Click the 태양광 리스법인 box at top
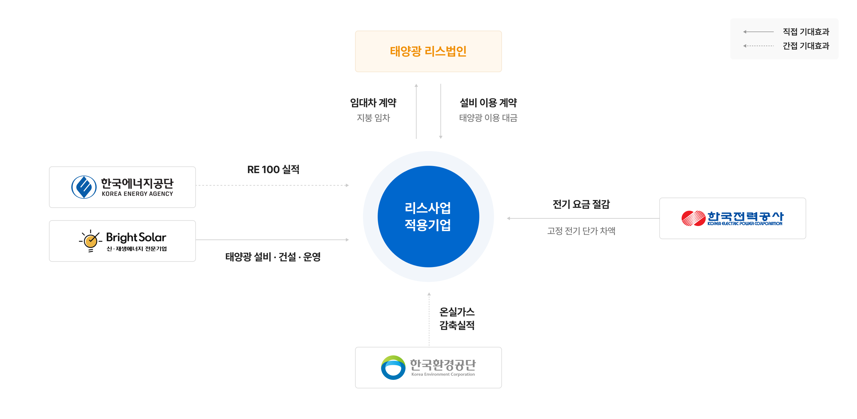click(x=428, y=51)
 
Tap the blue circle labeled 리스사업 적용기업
click(x=428, y=217)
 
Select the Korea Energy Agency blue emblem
click(x=84, y=187)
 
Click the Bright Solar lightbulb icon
click(x=91, y=241)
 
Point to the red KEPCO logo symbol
click(x=693, y=218)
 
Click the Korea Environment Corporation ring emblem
click(x=393, y=367)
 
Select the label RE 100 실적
click(x=273, y=170)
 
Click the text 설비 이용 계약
click(x=488, y=103)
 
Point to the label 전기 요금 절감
click(x=581, y=204)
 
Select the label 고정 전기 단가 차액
click(x=581, y=231)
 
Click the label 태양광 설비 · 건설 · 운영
click(x=273, y=257)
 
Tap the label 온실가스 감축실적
click(x=457, y=318)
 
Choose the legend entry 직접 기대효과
click(x=806, y=32)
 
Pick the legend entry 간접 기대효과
click(x=806, y=46)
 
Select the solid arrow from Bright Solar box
click(x=273, y=239)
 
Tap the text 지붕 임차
click(x=373, y=118)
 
